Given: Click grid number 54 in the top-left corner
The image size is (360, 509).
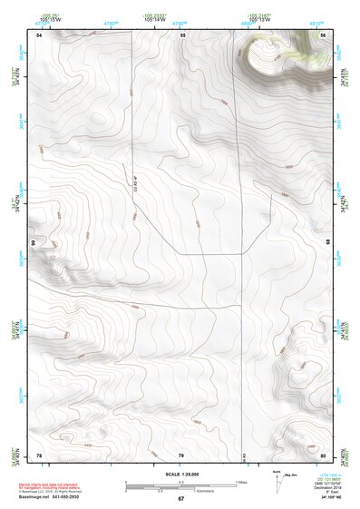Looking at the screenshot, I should tap(39, 34).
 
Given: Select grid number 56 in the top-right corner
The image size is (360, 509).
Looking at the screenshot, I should tap(323, 34).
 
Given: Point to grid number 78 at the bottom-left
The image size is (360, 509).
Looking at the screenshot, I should tap(39, 455).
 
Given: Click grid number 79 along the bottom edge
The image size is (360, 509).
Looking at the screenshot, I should tap(180, 455).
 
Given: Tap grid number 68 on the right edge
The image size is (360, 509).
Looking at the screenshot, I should tap(327, 243).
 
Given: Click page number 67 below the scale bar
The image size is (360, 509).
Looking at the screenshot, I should tap(180, 498).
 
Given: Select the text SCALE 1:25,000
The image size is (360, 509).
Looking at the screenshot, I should tap(180, 474).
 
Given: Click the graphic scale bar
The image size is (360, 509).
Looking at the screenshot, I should tap(180, 485).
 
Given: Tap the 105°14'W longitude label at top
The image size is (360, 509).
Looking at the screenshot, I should tap(154, 19).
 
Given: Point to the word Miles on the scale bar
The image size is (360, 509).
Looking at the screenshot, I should tap(241, 481).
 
